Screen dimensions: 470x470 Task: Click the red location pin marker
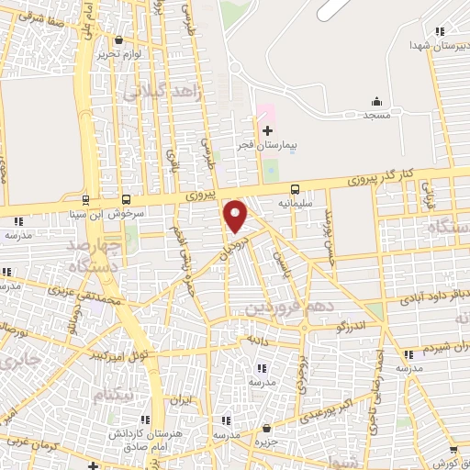click(x=236, y=217)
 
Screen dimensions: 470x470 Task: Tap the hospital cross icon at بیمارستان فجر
click(x=267, y=132)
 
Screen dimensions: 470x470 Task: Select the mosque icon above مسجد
click(x=375, y=101)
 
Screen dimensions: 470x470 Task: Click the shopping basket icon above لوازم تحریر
click(x=120, y=39)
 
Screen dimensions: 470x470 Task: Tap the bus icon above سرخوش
click(x=126, y=198)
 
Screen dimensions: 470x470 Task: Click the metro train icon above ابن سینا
click(x=85, y=198)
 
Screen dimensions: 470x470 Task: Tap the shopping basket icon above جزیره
click(x=266, y=428)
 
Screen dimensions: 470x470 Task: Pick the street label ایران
click(x=183, y=400)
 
